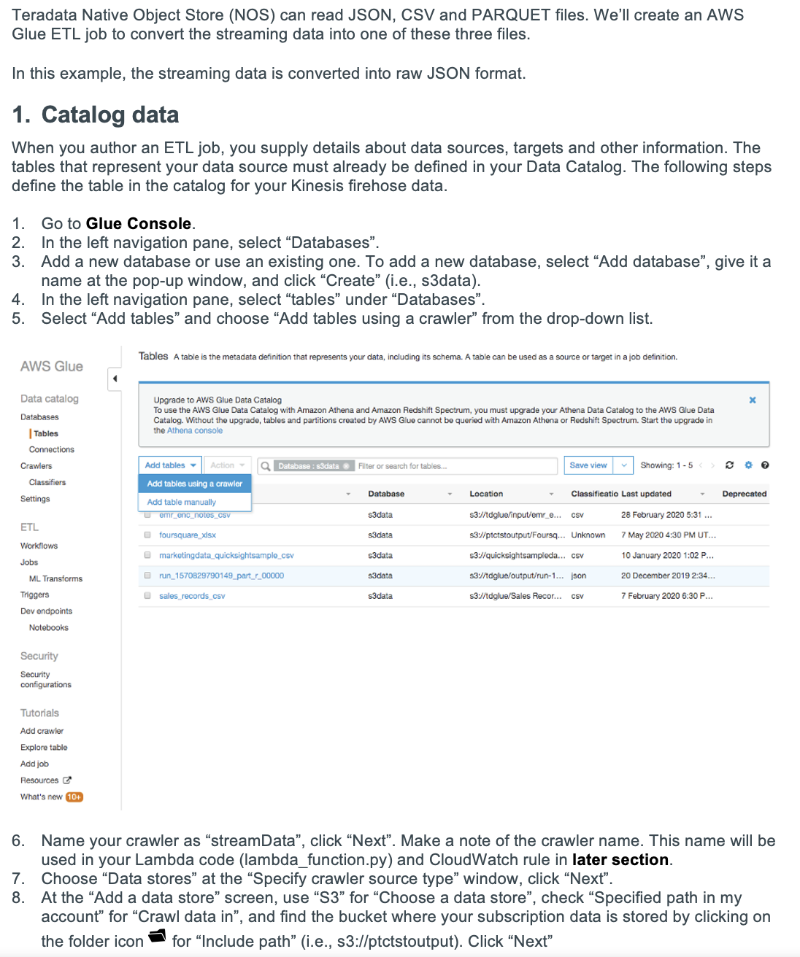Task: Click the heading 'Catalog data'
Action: [109, 115]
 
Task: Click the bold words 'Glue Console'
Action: [139, 224]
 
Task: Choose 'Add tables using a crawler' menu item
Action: [194, 484]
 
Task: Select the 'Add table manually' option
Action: [182, 502]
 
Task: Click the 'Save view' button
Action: [588, 465]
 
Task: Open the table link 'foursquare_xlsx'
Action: [188, 535]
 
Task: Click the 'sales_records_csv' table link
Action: [192, 596]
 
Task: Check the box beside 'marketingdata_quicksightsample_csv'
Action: [147, 555]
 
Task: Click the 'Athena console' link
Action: [195, 430]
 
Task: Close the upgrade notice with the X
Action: [753, 400]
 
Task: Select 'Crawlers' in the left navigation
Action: [36, 466]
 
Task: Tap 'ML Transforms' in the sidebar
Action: [55, 578]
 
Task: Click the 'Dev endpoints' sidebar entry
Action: [46, 611]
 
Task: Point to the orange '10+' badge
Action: [74, 797]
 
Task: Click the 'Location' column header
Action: [486, 494]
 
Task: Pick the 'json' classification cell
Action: [578, 576]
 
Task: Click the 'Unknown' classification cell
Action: [588, 535]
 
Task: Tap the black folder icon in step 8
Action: [158, 937]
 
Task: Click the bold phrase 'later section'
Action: [620, 860]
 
